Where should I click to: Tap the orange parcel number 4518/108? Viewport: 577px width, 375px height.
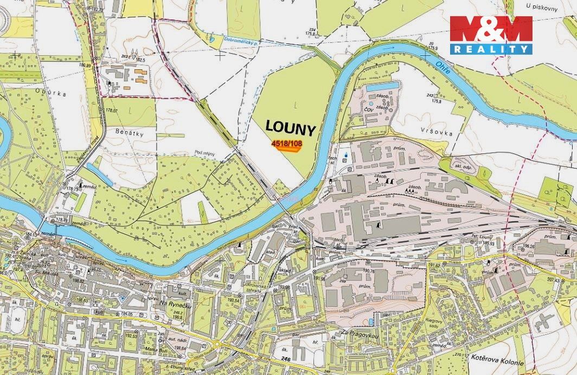click(x=286, y=144)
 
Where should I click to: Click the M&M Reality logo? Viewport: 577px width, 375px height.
click(x=491, y=35)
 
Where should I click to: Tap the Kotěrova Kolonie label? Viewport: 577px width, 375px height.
click(x=497, y=363)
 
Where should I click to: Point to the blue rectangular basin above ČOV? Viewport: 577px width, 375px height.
click(x=383, y=87)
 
